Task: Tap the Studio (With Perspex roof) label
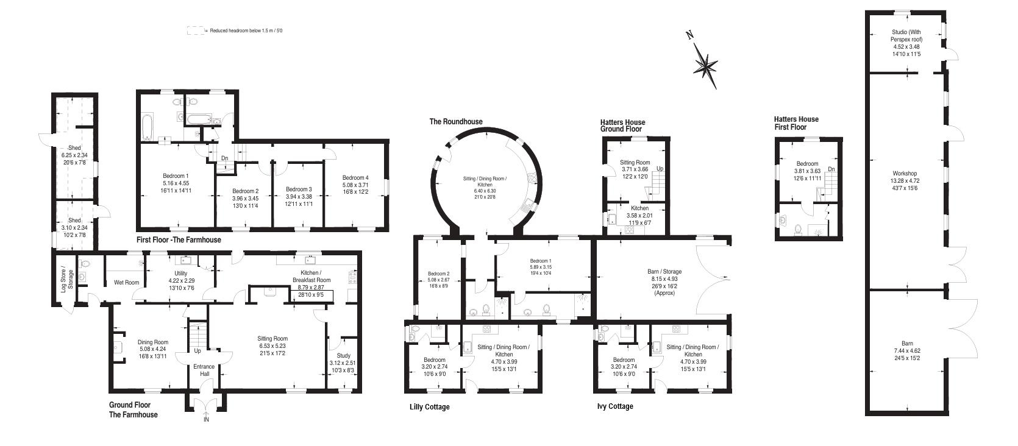906,35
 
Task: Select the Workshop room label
905,174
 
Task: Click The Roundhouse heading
455,122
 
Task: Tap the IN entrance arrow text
206,420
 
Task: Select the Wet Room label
126,282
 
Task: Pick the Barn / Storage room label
664,272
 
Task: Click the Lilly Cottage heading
429,407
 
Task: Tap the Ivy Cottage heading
614,406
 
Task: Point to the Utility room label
180,274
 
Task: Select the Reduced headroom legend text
246,30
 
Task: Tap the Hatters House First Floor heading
796,123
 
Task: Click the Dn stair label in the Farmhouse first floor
224,158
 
